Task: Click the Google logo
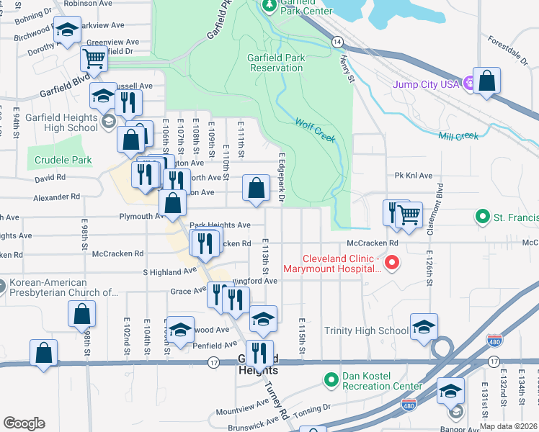[24, 423]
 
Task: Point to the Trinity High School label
[366, 331]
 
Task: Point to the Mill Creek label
[458, 135]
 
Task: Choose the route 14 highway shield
[337, 42]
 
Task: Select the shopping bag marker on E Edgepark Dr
[256, 189]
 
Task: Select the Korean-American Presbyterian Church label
[61, 288]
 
